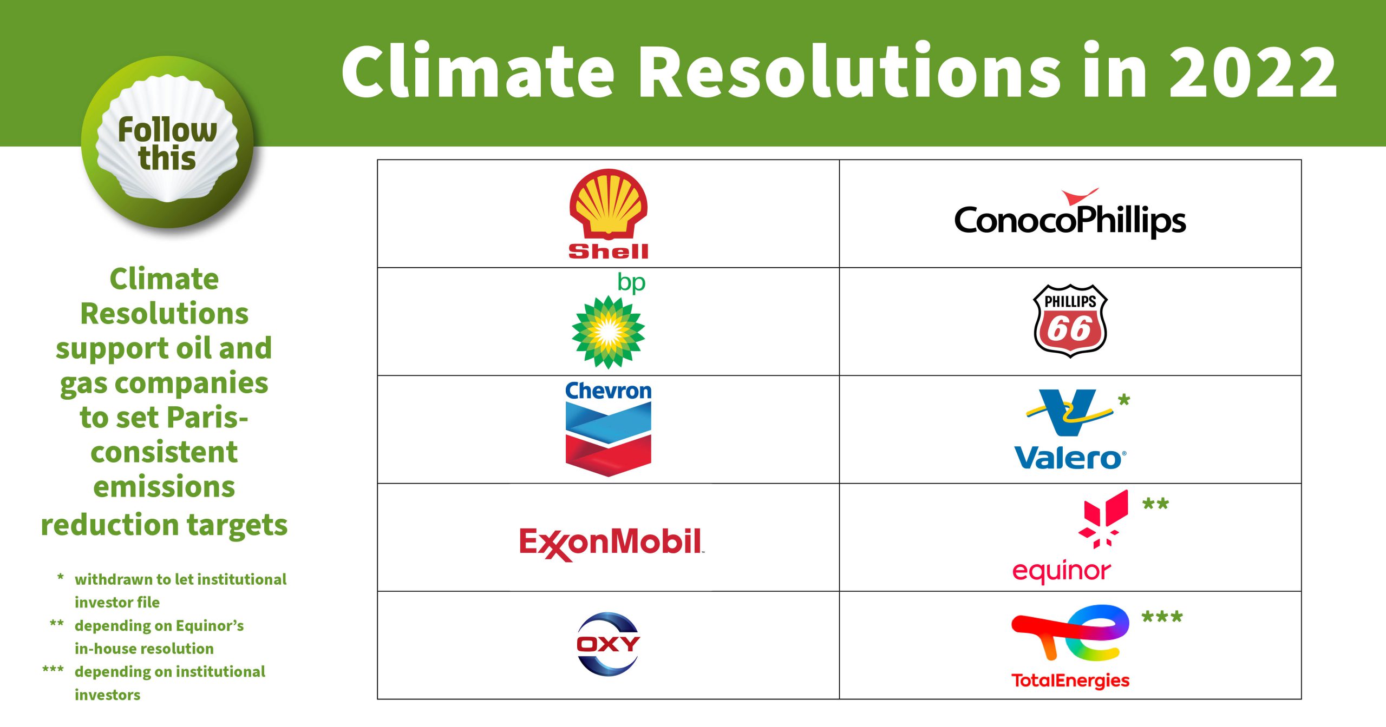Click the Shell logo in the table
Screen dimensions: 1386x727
(x=608, y=214)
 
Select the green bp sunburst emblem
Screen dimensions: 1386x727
(x=608, y=332)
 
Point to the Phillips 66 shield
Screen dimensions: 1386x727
(x=1070, y=321)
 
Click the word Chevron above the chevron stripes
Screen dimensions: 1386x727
(x=608, y=391)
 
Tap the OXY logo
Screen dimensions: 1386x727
(x=608, y=644)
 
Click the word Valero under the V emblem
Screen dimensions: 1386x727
(x=1070, y=458)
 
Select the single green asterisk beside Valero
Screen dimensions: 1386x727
(x=1124, y=400)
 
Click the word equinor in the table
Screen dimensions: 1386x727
(x=1061, y=571)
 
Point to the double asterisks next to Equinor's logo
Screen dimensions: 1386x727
(x=1155, y=504)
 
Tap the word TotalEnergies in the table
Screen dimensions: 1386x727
(x=1070, y=680)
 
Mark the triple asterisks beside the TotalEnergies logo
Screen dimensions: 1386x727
(x=1162, y=617)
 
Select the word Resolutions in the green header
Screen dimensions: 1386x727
(x=849, y=71)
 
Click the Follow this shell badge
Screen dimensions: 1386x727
(x=167, y=142)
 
